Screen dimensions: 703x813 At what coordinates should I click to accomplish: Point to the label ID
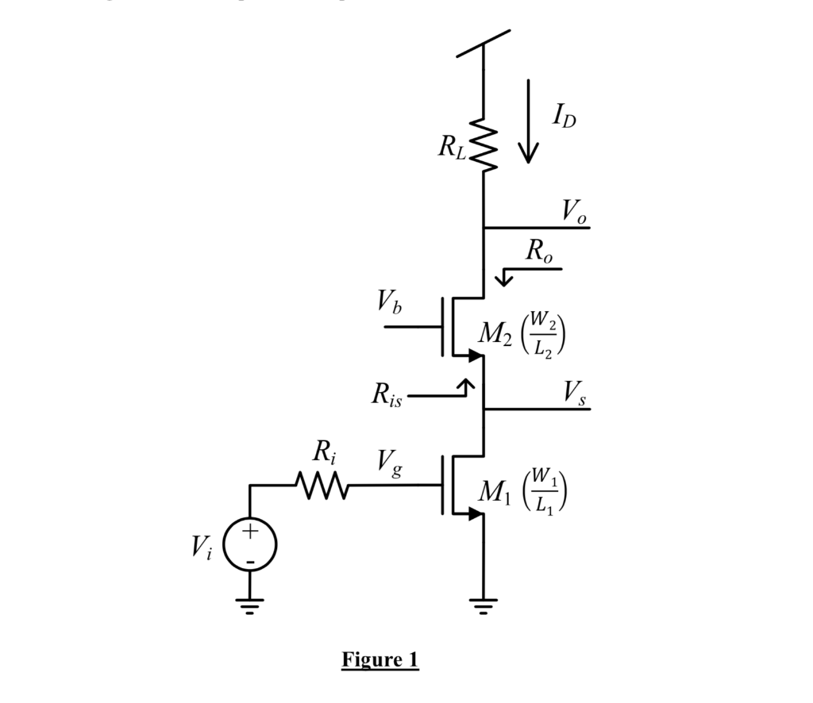(564, 117)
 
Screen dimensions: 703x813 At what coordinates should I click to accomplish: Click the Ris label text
(387, 395)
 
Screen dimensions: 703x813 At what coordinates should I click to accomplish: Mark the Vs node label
(575, 393)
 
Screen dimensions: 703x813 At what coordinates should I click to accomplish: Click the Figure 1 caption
(380, 659)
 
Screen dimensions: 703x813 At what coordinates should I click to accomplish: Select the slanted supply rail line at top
(484, 44)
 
